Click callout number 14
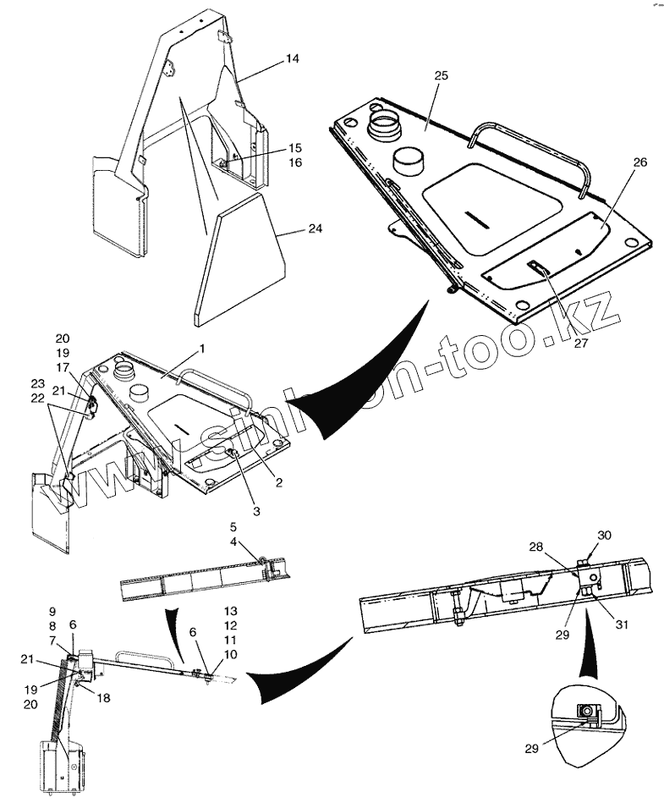pyautogui.click(x=292, y=58)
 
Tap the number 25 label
pyautogui.click(x=440, y=76)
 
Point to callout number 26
pyautogui.click(x=615, y=162)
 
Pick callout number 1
pyautogui.click(x=202, y=348)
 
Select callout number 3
pyautogui.click(x=255, y=512)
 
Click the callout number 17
pyautogui.click(x=63, y=367)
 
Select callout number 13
pyautogui.click(x=229, y=610)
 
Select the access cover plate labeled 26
pyautogui.click(x=546, y=245)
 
